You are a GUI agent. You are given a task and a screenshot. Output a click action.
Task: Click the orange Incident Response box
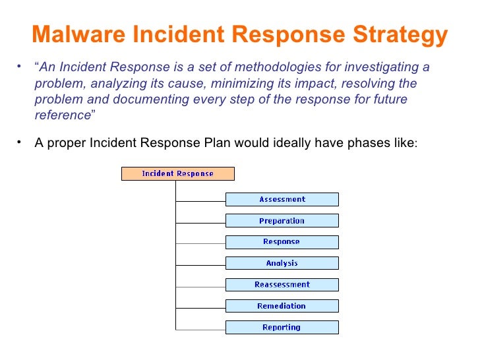pos(178,174)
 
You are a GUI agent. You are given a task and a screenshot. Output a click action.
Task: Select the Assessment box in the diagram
pos(282,199)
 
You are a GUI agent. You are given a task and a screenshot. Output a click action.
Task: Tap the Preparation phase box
pos(282,221)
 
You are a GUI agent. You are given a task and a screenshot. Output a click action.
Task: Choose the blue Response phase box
pos(282,242)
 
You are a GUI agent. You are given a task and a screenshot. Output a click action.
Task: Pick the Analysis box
pos(282,263)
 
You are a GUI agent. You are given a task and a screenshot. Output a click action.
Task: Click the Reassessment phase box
pos(282,285)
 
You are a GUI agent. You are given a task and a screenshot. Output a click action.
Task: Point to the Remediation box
pos(282,306)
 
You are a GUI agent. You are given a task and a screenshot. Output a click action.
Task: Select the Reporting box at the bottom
pos(282,327)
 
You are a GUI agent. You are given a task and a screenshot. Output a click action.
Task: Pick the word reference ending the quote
pos(61,115)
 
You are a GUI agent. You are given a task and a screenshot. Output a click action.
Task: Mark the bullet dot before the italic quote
pos(20,67)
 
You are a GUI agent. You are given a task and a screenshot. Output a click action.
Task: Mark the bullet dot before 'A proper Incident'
pos(20,142)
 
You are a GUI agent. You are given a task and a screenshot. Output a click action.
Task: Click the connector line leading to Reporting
pos(200,328)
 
